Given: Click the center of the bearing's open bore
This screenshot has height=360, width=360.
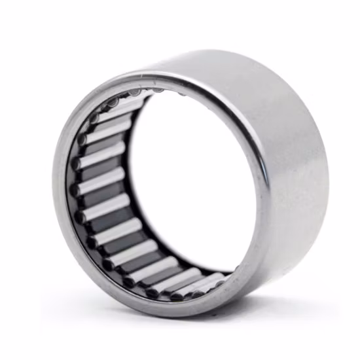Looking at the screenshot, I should [190, 183].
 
